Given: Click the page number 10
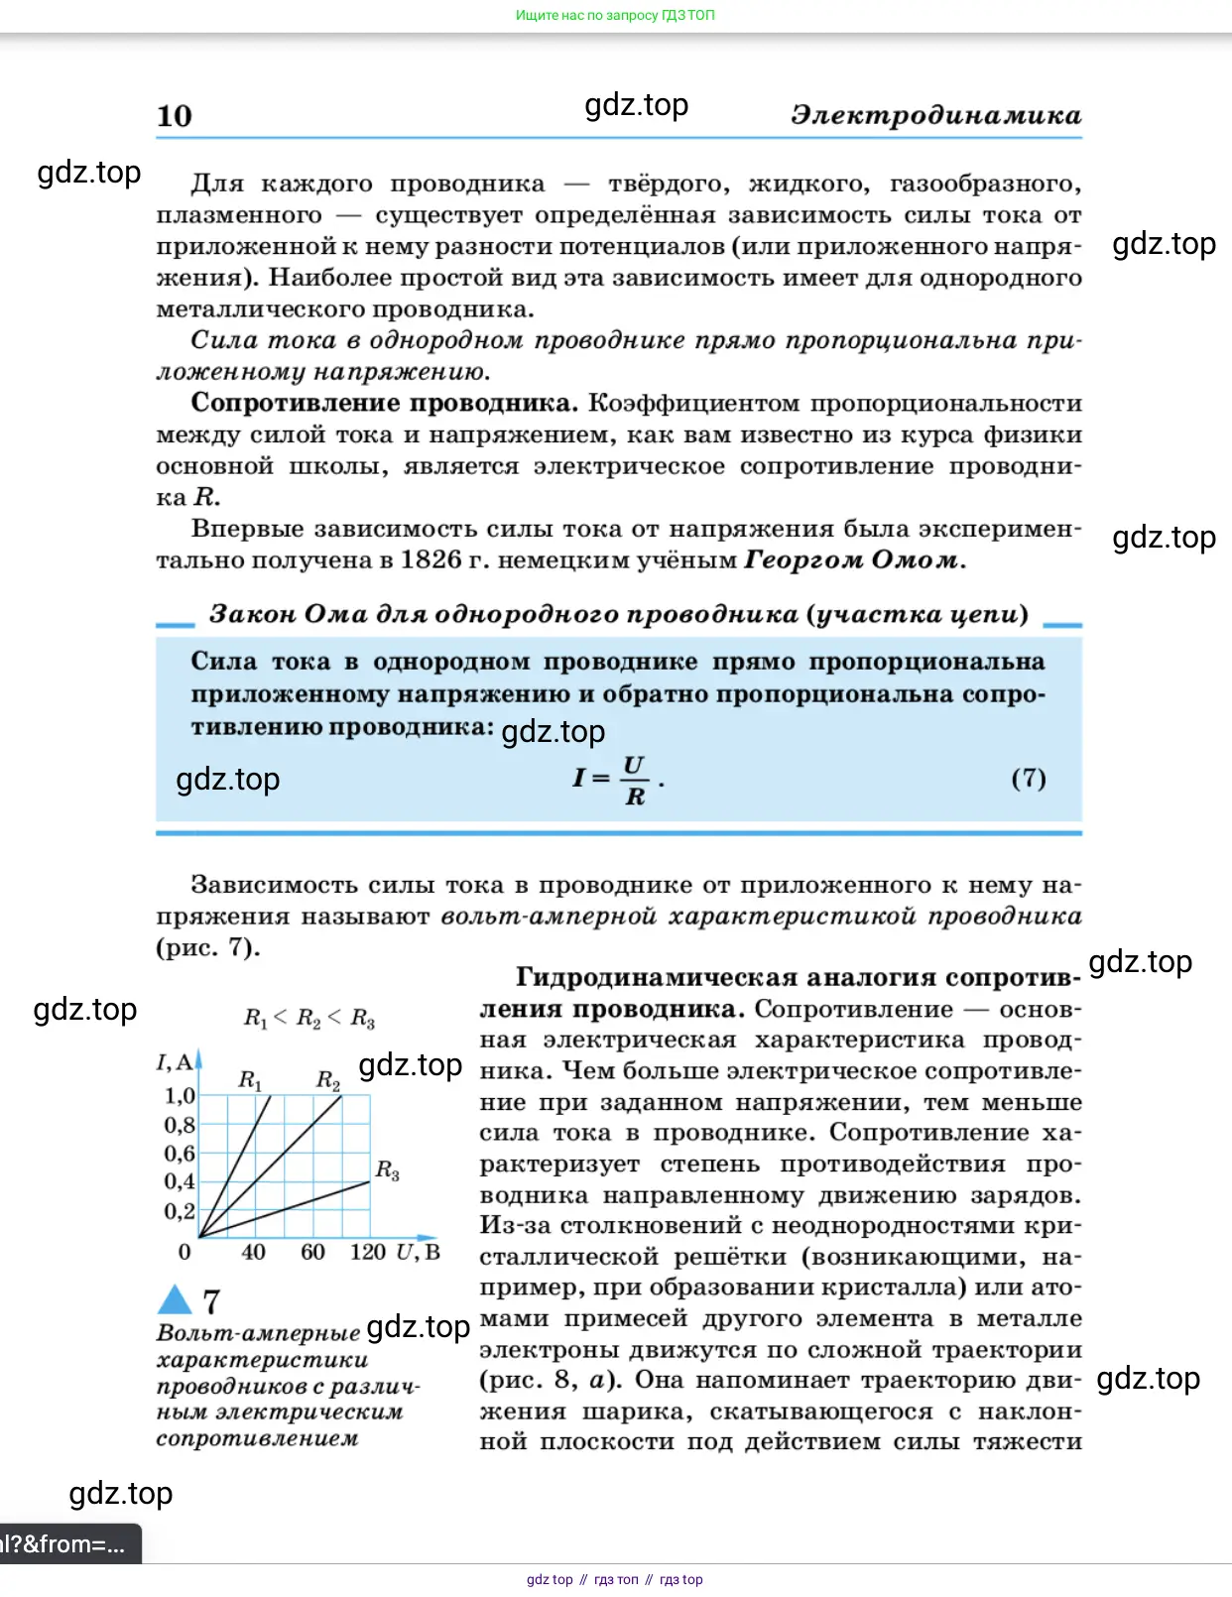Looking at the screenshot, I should tap(175, 116).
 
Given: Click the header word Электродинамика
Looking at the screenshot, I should tap(935, 115).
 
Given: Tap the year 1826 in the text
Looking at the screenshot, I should tap(431, 560).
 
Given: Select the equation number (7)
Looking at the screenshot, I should tap(1029, 779).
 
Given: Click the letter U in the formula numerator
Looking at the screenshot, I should tap(634, 765).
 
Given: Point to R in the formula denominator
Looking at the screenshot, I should tap(635, 797).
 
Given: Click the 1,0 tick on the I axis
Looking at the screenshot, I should tap(180, 1096).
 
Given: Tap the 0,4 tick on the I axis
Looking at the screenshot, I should tap(180, 1181).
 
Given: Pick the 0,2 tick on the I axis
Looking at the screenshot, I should tap(180, 1211).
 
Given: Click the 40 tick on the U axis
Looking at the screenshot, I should tap(253, 1252).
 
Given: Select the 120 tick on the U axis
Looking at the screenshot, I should tap(368, 1252).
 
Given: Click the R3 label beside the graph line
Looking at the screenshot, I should tap(387, 1170).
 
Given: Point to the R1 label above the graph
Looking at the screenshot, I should tap(250, 1080).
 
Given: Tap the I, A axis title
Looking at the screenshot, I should tap(175, 1062).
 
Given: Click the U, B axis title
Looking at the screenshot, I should tap(418, 1252).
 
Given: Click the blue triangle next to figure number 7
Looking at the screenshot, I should tap(175, 1299).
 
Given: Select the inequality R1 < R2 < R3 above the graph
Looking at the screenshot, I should tap(308, 1018).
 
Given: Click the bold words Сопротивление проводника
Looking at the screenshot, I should tap(384, 403).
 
